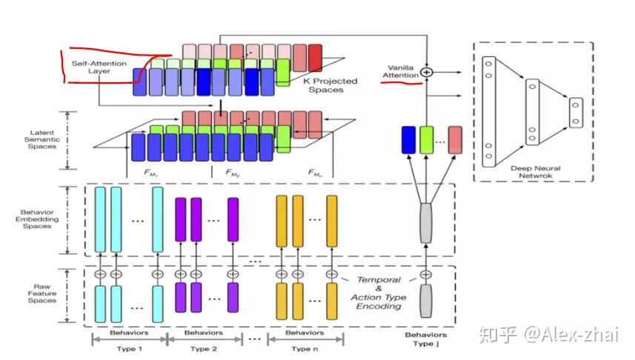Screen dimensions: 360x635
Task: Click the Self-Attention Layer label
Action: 99,68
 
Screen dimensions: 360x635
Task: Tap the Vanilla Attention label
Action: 400,72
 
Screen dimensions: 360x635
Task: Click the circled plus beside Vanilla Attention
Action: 426,73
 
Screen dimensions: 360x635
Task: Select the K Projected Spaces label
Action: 330,85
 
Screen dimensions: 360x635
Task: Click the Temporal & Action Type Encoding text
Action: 379,293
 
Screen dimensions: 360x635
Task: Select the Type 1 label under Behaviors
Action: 129,348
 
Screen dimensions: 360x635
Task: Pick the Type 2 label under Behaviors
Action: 204,348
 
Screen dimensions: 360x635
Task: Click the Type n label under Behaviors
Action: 304,348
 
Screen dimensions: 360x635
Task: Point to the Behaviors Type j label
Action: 425,339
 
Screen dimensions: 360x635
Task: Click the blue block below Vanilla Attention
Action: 408,140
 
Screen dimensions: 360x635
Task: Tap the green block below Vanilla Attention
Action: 426,140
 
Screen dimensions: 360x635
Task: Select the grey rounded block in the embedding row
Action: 425,223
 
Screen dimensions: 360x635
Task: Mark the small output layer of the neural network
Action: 575,112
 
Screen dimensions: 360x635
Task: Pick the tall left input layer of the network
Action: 488,111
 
